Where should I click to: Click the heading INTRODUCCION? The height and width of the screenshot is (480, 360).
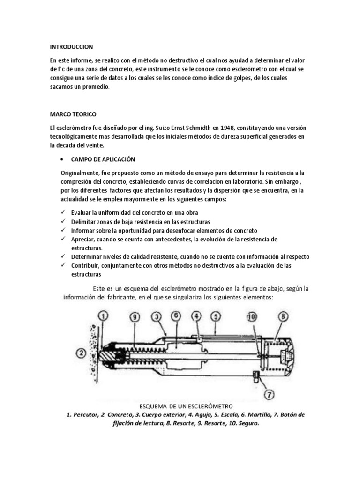pyautogui.click(x=72, y=47)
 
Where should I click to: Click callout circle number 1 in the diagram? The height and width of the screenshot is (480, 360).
pyautogui.click(x=103, y=316)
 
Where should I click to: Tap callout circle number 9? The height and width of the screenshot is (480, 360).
pyautogui.click(x=135, y=317)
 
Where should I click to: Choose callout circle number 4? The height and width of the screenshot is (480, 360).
pyautogui.click(x=196, y=317)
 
